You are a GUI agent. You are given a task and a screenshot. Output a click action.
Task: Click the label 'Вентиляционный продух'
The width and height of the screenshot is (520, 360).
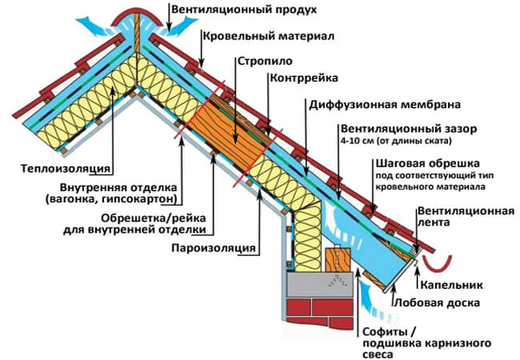coord(244,10)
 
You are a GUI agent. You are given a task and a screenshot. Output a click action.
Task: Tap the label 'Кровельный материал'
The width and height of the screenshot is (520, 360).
coord(268,35)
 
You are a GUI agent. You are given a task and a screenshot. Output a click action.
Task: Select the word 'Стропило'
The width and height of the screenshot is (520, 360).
coord(265,62)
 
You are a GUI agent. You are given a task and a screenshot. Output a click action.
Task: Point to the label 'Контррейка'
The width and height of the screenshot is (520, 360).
coord(304,78)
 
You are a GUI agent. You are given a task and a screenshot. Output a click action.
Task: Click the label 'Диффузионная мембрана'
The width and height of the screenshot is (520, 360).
coord(385,105)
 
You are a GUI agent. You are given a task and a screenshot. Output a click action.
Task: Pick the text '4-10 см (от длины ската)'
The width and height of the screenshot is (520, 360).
coord(396,141)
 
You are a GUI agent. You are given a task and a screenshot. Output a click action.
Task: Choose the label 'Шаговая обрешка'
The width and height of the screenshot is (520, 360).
coord(428,163)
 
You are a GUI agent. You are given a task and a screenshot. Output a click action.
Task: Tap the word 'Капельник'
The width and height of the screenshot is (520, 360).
coord(451,285)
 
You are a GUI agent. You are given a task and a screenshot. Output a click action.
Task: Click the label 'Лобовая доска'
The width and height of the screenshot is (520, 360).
coord(437,302)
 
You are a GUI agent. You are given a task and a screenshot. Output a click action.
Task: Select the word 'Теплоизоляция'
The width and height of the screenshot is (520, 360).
coord(66,168)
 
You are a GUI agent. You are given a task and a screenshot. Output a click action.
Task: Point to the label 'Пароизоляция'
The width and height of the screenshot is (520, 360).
coord(214,248)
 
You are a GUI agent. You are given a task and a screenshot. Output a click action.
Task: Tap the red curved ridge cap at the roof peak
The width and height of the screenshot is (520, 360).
coord(136,18)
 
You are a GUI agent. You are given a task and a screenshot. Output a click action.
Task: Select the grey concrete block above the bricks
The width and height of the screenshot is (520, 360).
coord(320,285)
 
